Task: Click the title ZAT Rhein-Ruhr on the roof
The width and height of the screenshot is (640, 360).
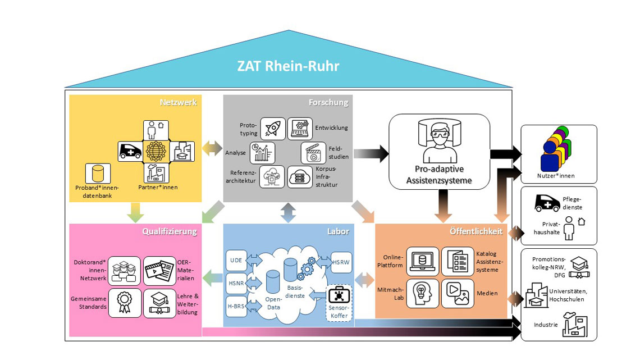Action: tap(288, 66)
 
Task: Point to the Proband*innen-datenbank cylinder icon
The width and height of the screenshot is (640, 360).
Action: tap(98, 174)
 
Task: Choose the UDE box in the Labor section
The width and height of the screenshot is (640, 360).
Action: tap(236, 261)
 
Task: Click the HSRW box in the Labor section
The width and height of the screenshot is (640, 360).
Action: tap(341, 262)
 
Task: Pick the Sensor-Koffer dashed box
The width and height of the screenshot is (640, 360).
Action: tap(340, 304)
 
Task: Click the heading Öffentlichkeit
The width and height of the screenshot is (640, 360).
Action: tap(477, 231)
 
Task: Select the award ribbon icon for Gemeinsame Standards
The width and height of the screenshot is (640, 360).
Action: tap(125, 303)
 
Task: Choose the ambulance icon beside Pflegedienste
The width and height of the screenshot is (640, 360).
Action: tap(547, 204)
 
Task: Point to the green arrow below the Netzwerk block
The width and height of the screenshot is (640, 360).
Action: tap(135, 212)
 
